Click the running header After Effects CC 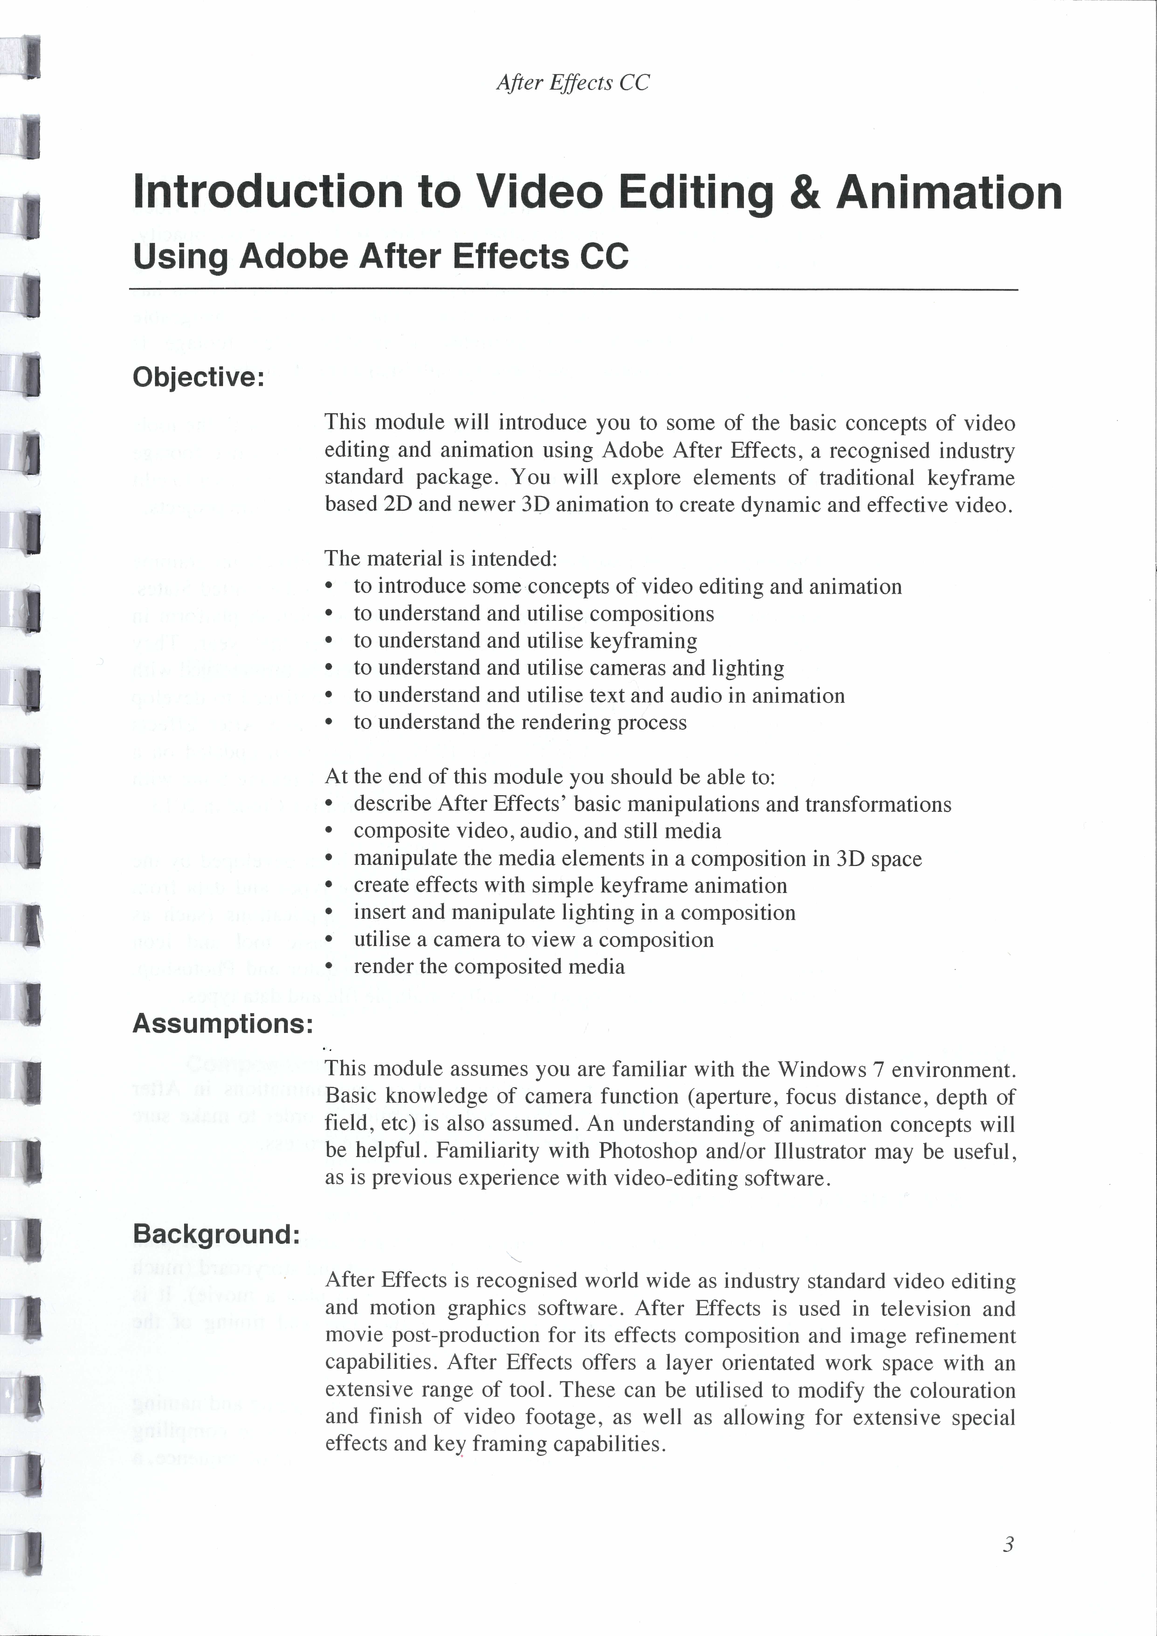tap(573, 83)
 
